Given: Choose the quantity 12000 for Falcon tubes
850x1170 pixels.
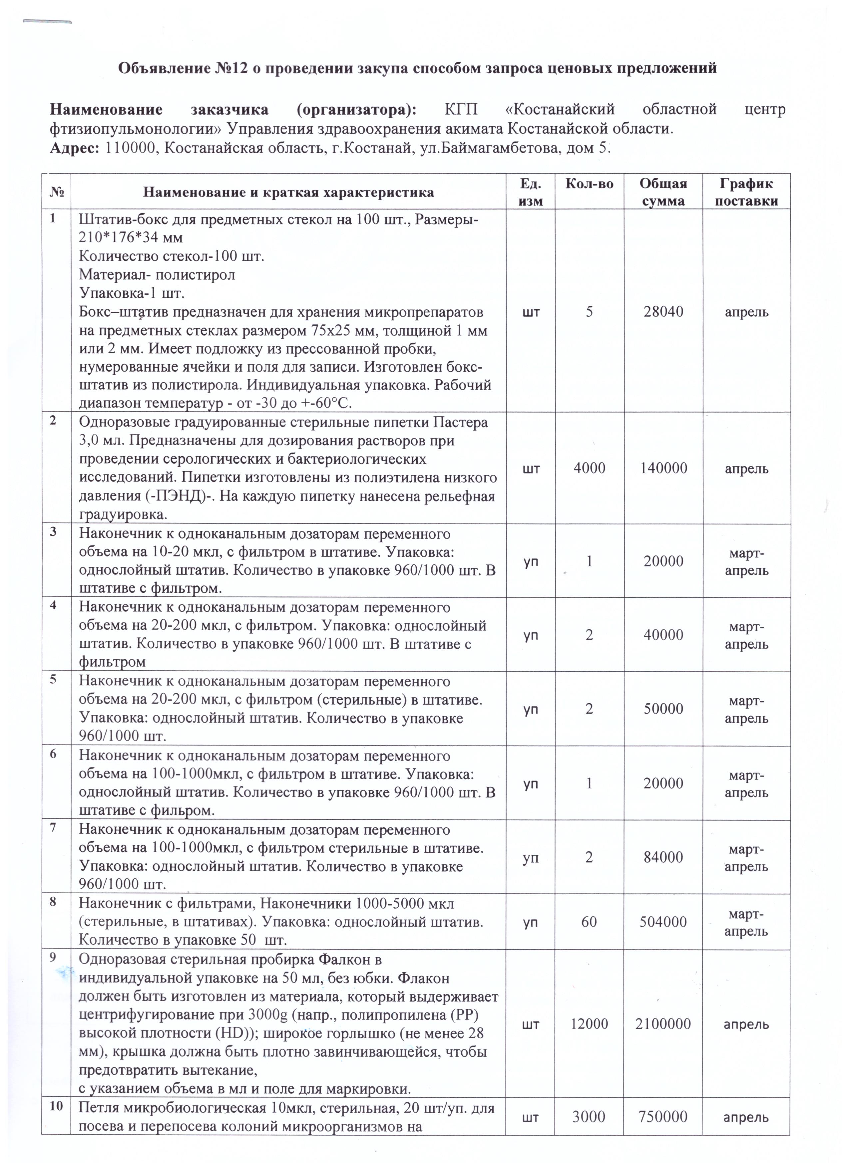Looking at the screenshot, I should click(x=589, y=1024).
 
